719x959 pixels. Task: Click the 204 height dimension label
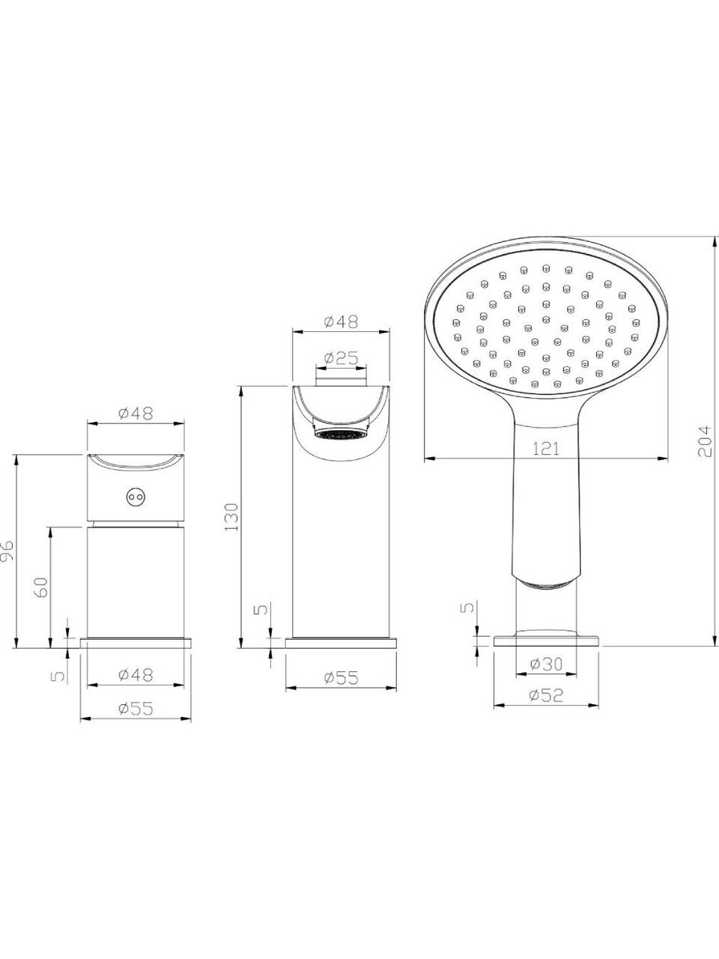pyautogui.click(x=704, y=441)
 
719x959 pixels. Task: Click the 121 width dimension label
pyautogui.click(x=546, y=449)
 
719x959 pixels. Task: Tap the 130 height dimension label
pyautogui.click(x=231, y=517)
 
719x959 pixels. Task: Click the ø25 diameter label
pyautogui.click(x=341, y=358)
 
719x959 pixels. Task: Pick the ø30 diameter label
pyautogui.click(x=546, y=665)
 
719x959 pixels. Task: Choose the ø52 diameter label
pyautogui.click(x=546, y=695)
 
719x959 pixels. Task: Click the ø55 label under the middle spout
pyautogui.click(x=341, y=678)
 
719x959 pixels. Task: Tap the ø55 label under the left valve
pyautogui.click(x=136, y=709)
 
